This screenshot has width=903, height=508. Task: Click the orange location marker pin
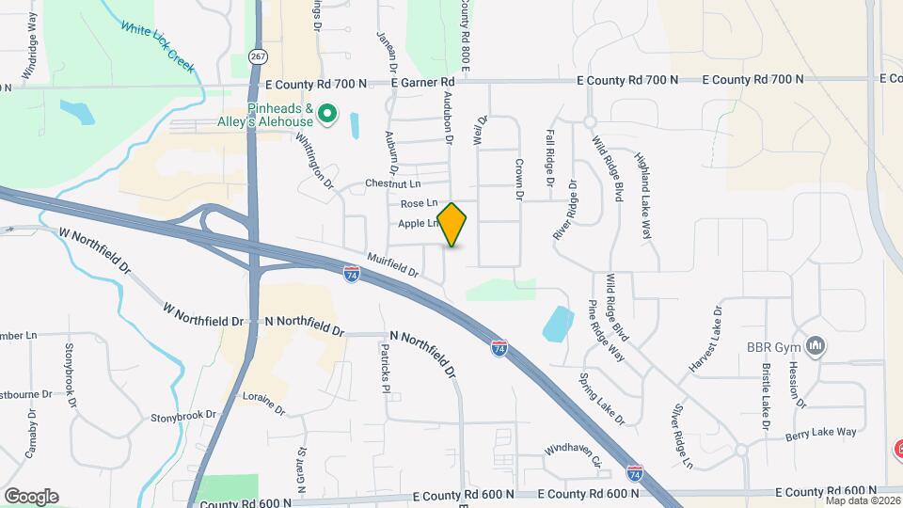[x=452, y=225]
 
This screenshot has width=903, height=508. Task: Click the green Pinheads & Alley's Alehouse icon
[x=327, y=115]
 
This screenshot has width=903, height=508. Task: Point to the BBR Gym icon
[x=816, y=347]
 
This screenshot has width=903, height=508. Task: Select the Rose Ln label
[x=420, y=203]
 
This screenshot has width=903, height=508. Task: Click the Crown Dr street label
[x=518, y=180]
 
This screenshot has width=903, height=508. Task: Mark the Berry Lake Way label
[x=823, y=432]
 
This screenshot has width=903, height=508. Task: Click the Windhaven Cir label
[x=572, y=456]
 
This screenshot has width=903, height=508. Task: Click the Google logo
[x=31, y=497]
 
